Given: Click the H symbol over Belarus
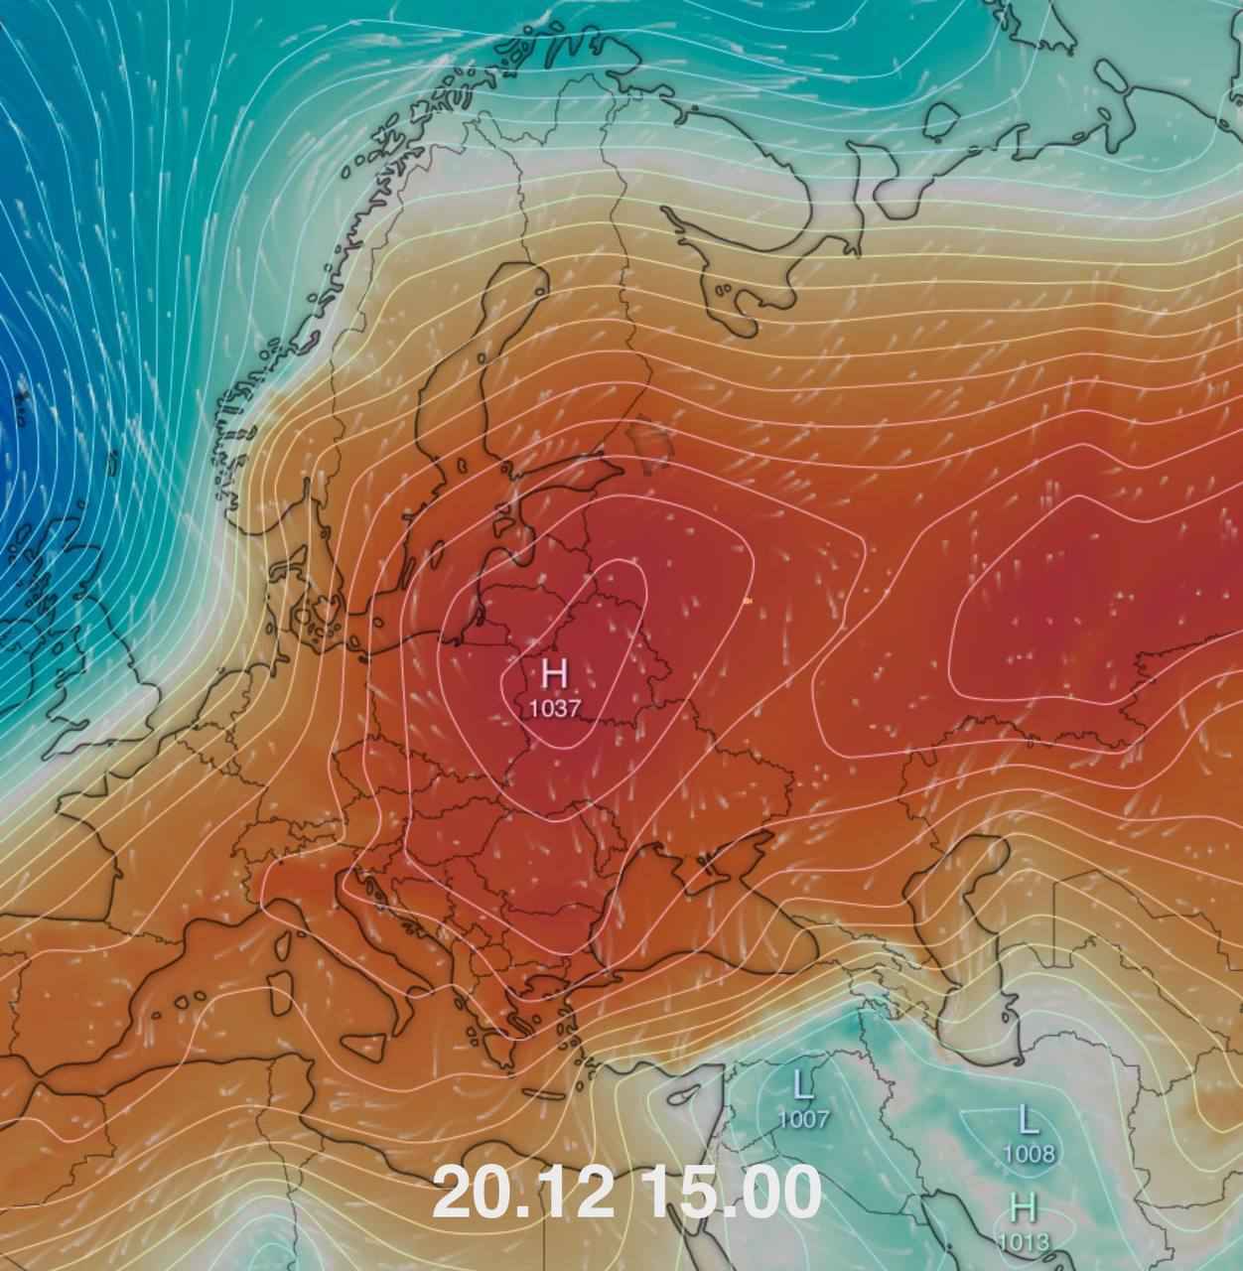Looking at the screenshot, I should pos(554,676).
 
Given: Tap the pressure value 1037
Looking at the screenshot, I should pos(554,708).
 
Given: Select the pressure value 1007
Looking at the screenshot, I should pos(803,1120).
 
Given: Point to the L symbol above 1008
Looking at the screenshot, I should pos(1029,1121).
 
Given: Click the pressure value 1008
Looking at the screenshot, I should pos(1029,1154).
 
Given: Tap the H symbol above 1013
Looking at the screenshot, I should pos(1023,1208).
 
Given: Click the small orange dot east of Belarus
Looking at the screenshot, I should pos(747,601).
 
